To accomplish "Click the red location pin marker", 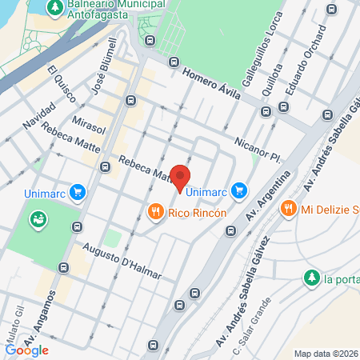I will coord(182,177).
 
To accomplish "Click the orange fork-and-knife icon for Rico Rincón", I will coord(155,212).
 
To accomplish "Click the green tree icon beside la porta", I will coord(311,278).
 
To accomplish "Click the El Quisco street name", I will coord(62,83).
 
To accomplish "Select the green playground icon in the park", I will coord(37,218).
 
